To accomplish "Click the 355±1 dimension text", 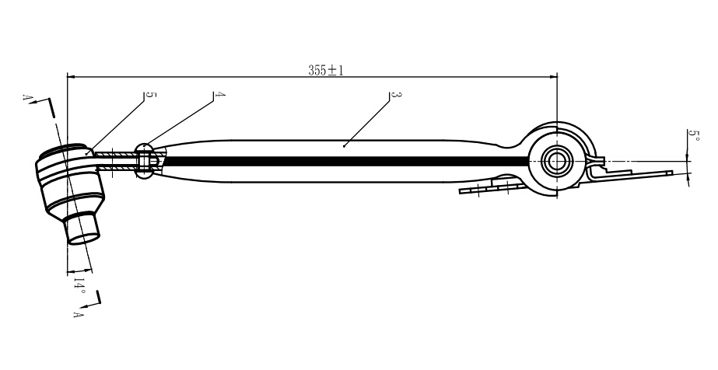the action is tap(326, 71).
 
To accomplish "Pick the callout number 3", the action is tap(396, 95).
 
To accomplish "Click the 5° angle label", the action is tap(695, 136).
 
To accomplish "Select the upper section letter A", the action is tap(26, 98).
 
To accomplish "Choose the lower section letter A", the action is tap(79, 314).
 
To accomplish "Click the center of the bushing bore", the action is tap(557, 161).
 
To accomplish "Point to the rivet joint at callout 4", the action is tap(145, 161).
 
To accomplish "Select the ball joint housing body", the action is tap(71, 180).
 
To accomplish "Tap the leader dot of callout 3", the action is tap(344, 146).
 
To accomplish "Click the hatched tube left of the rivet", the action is tap(117, 162).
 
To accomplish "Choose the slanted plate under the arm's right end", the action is tap(492, 187).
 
